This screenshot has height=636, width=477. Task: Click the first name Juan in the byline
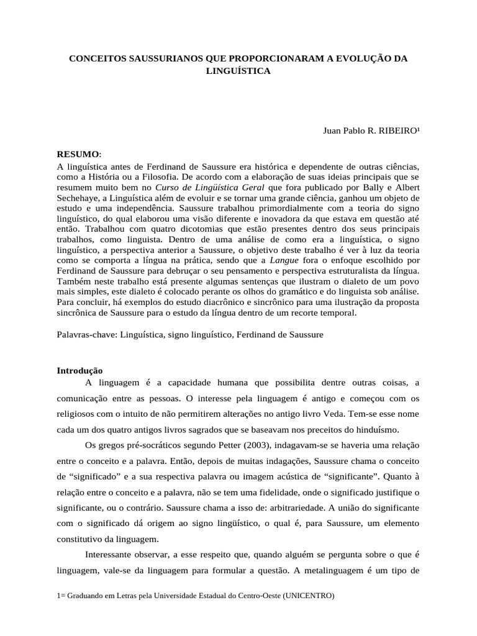click(332, 131)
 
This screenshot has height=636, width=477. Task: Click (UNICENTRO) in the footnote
click(308, 596)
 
